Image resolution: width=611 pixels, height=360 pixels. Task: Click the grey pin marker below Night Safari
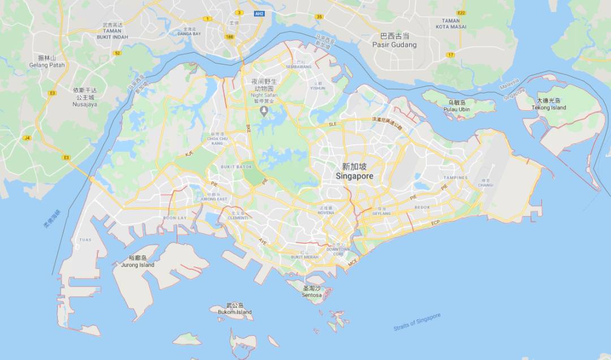(x=264, y=109)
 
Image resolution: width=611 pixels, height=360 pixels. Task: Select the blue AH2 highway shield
(x=259, y=13)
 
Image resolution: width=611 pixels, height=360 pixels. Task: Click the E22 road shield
(x=461, y=12)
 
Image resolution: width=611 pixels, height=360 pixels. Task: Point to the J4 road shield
(x=27, y=138)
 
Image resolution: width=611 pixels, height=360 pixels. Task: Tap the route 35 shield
(x=320, y=17)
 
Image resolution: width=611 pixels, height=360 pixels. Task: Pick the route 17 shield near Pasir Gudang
(x=450, y=54)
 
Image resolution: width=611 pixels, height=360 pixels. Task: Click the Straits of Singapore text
(x=417, y=322)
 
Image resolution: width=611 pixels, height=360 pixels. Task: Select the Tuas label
(x=85, y=239)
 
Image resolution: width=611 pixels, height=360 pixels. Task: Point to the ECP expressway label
(x=435, y=223)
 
